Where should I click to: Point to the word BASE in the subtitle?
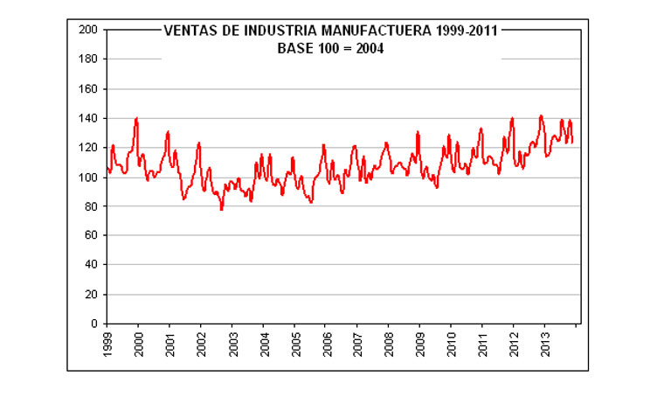[294, 49]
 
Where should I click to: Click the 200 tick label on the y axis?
[87, 30]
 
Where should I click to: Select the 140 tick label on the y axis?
[87, 118]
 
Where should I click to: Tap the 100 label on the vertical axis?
[87, 178]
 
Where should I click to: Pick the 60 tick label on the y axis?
[90, 236]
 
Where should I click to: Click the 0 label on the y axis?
[93, 324]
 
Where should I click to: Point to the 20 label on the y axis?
[90, 295]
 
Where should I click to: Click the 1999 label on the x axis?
[107, 345]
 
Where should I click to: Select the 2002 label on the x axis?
[201, 345]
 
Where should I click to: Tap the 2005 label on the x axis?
[294, 345]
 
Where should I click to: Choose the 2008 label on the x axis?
[388, 345]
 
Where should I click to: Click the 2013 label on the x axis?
[544, 345]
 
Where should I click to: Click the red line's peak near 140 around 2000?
[136, 118]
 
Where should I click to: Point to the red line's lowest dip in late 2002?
[221, 209]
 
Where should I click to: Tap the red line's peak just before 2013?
[541, 115]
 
